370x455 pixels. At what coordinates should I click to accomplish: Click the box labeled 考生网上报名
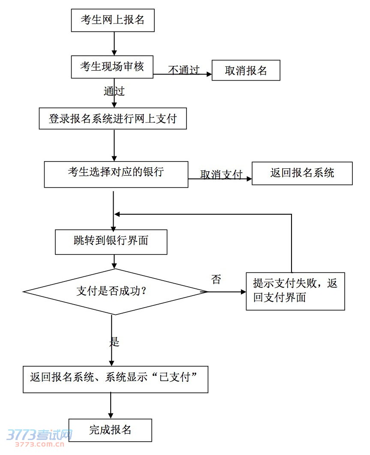click(x=112, y=20)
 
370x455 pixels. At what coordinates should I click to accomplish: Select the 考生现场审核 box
click(x=112, y=67)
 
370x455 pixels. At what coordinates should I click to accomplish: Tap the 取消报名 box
click(x=246, y=71)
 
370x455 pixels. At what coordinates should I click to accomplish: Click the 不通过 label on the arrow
click(x=183, y=70)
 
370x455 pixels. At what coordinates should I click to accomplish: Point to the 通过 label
click(x=114, y=91)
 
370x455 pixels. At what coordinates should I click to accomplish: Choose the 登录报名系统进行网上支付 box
click(x=113, y=119)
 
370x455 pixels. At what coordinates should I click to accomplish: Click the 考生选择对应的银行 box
click(x=116, y=174)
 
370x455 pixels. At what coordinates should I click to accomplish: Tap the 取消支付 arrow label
click(x=221, y=174)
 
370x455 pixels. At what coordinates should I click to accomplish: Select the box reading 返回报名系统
click(x=302, y=173)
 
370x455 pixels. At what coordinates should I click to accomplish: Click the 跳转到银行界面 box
click(x=111, y=242)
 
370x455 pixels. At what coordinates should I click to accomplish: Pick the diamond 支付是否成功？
click(x=115, y=292)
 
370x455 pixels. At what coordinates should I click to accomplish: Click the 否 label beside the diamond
click(x=216, y=280)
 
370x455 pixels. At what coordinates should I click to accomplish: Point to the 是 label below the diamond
click(x=114, y=341)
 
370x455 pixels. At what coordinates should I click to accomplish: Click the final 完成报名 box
click(x=110, y=430)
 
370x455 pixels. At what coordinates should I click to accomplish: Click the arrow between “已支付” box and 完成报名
click(x=111, y=406)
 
